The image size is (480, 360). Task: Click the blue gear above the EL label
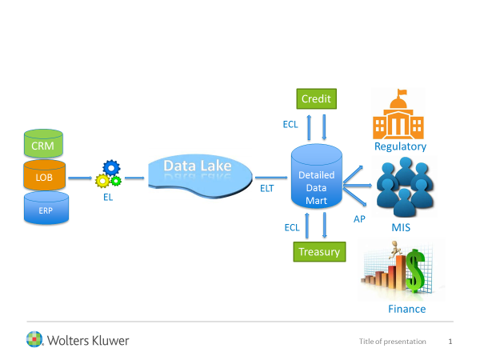110,168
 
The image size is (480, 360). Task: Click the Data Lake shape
198,172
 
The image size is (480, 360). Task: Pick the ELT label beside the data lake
267,189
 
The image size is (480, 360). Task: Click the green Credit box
318,99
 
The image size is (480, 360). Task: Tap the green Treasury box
318,251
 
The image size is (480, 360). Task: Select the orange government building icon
400,114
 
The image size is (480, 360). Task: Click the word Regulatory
400,146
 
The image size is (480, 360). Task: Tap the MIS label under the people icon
402,230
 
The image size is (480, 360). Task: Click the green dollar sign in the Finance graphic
414,270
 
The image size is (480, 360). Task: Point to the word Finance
407,309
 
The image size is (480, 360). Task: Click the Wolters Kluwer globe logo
35,340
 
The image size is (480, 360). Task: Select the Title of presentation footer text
393,342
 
